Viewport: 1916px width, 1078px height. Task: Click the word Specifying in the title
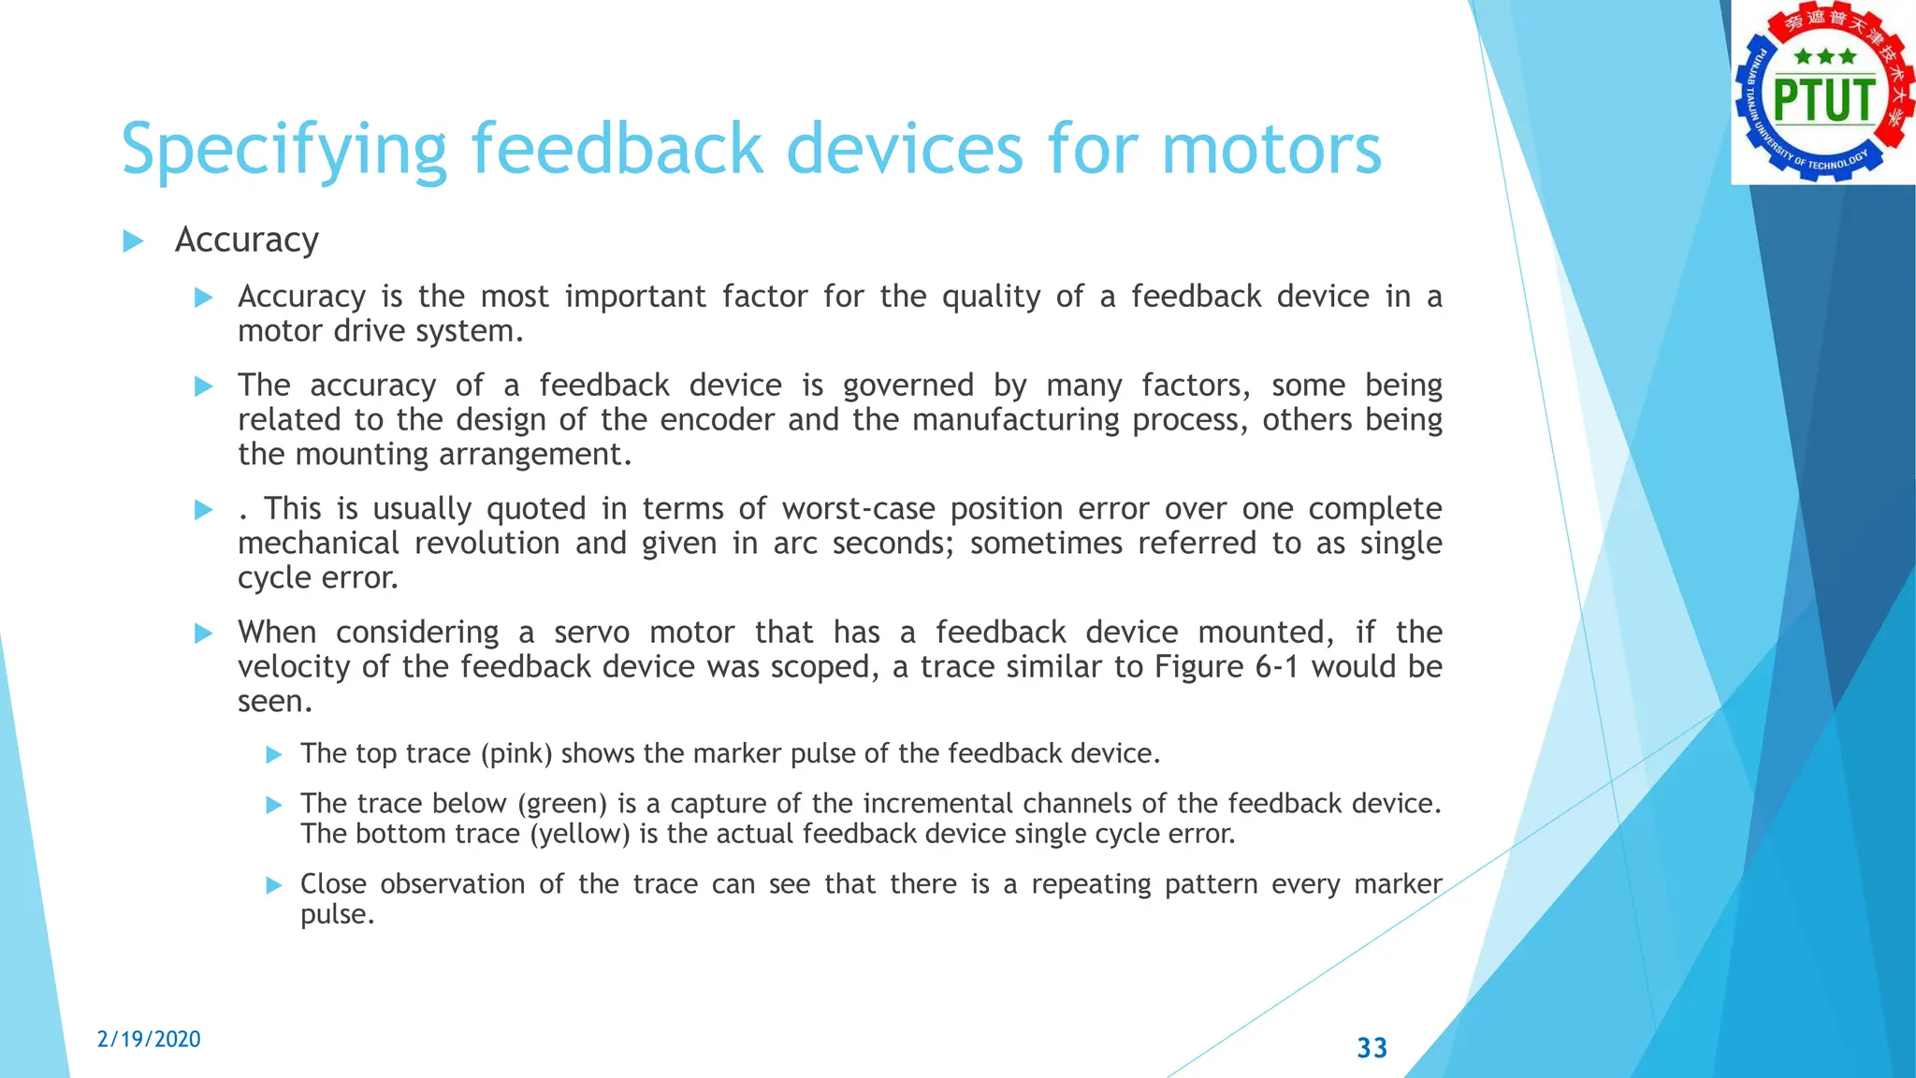click(284, 150)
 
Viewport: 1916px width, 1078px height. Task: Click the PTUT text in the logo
click(1824, 101)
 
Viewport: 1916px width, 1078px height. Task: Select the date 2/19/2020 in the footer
click(149, 1040)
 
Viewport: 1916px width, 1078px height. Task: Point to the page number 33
click(1372, 1048)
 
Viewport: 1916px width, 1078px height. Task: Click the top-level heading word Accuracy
click(247, 240)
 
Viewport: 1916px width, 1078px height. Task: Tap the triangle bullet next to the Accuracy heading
click(133, 241)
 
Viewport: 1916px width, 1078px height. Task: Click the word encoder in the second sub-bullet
click(718, 420)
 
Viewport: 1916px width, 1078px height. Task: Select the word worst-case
click(858, 509)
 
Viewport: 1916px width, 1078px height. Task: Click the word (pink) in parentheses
click(516, 753)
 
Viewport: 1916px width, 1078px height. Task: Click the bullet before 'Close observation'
click(274, 885)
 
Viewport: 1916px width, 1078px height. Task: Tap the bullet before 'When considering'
click(203, 634)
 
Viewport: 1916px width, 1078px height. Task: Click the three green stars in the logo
click(1824, 57)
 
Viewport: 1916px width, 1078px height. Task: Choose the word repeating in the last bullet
click(1091, 884)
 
